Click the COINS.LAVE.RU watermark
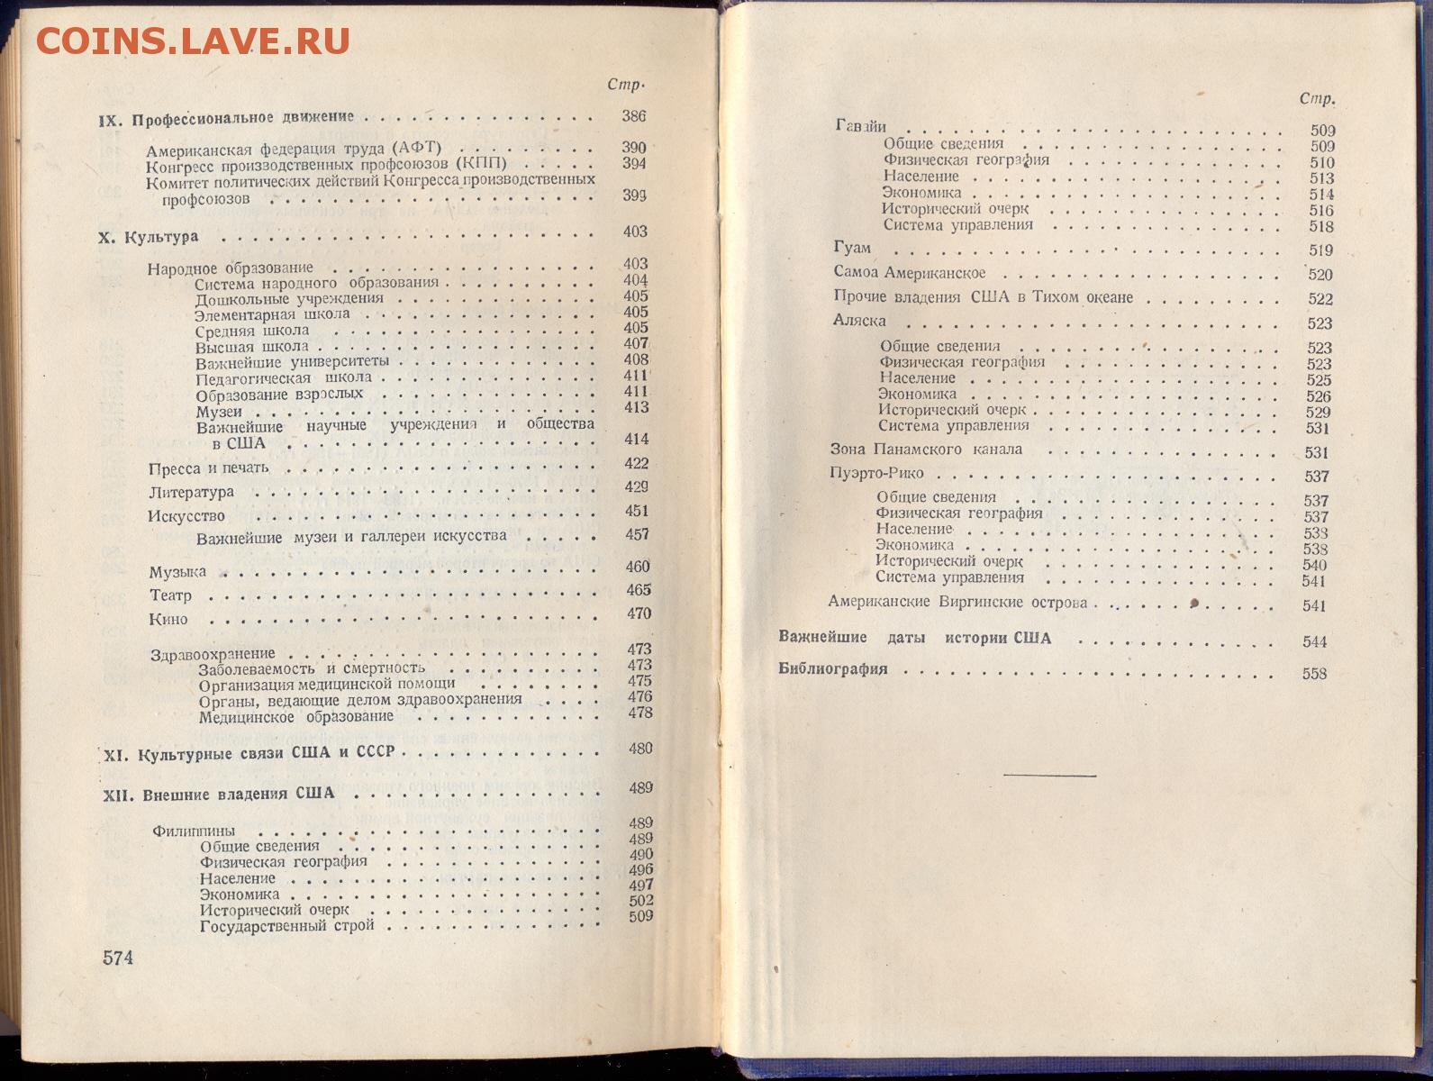tap(192, 41)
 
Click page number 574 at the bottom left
tap(118, 958)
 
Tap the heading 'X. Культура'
tap(148, 237)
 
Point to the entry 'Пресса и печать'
tap(209, 468)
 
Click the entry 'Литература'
tap(191, 492)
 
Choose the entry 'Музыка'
tap(177, 572)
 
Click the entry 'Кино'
tap(168, 619)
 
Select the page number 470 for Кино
tap(639, 613)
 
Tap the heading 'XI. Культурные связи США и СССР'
tap(246, 754)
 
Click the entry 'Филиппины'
tap(195, 831)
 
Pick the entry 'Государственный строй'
tap(286, 925)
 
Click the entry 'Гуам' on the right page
tap(852, 248)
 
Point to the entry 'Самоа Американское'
tap(910, 272)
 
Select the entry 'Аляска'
tap(859, 321)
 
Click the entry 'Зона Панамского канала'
tap(926, 449)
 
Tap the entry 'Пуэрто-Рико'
tap(876, 473)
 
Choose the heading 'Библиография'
tap(833, 669)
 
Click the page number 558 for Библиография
tap(1314, 674)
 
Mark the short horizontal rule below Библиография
tap(1049, 775)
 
